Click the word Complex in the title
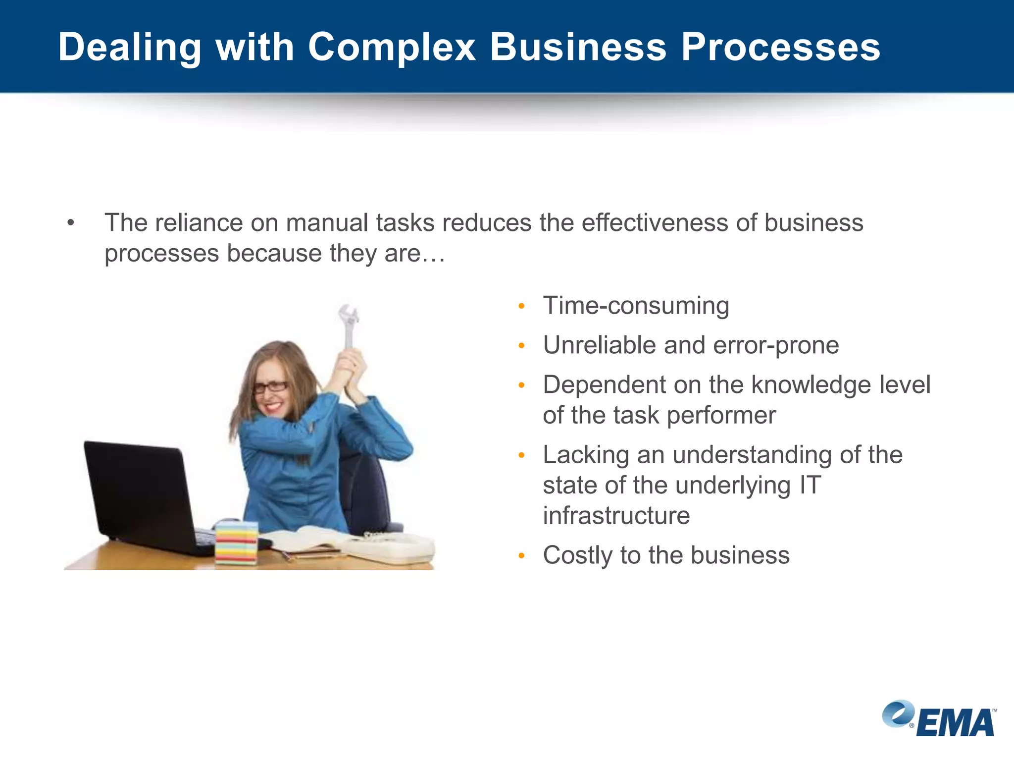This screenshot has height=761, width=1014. (x=391, y=48)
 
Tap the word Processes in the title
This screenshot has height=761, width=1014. (x=780, y=48)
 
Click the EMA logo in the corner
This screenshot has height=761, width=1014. (x=939, y=719)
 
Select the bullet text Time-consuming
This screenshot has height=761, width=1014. (x=636, y=306)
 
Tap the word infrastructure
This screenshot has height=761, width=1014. (x=616, y=516)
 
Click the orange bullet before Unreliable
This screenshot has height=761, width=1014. (x=521, y=346)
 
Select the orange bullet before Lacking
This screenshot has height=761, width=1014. (x=521, y=455)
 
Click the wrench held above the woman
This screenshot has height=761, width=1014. (x=349, y=325)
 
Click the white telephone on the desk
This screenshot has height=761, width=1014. (x=391, y=548)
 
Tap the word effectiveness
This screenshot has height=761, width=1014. (x=654, y=223)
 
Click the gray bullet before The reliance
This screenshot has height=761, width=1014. (x=71, y=223)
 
